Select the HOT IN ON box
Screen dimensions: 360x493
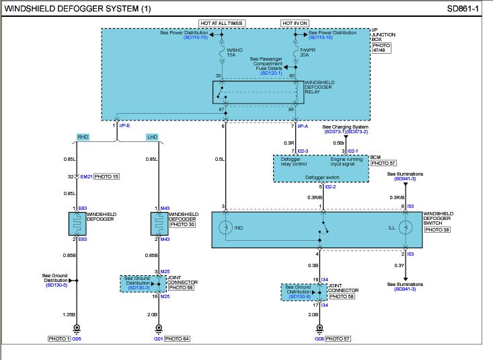tap(295, 22)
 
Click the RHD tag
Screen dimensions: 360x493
tap(83, 137)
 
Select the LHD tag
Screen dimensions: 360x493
tap(151, 137)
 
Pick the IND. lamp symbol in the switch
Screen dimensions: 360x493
tap(227, 228)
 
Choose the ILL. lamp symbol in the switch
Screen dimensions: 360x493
tap(405, 228)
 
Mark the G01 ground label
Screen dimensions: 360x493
tap(157, 338)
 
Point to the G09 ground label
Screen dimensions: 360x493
tap(319, 338)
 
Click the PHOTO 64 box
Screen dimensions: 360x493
tap(178, 338)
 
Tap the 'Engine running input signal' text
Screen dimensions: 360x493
tap(346, 161)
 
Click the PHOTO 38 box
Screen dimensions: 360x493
tap(438, 229)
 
